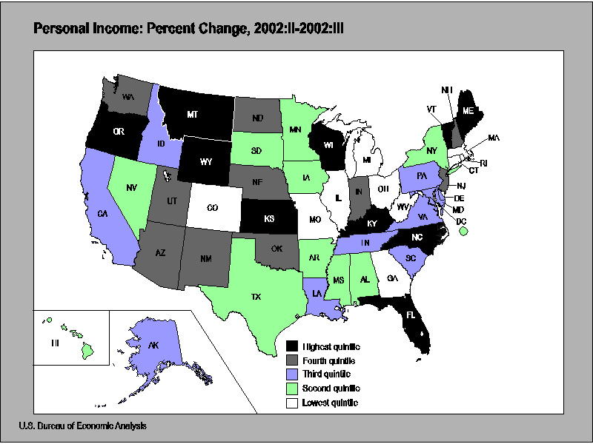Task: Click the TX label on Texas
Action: click(256, 297)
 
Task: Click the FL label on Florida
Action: click(410, 314)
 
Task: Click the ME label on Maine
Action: click(468, 110)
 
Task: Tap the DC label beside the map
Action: click(460, 221)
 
